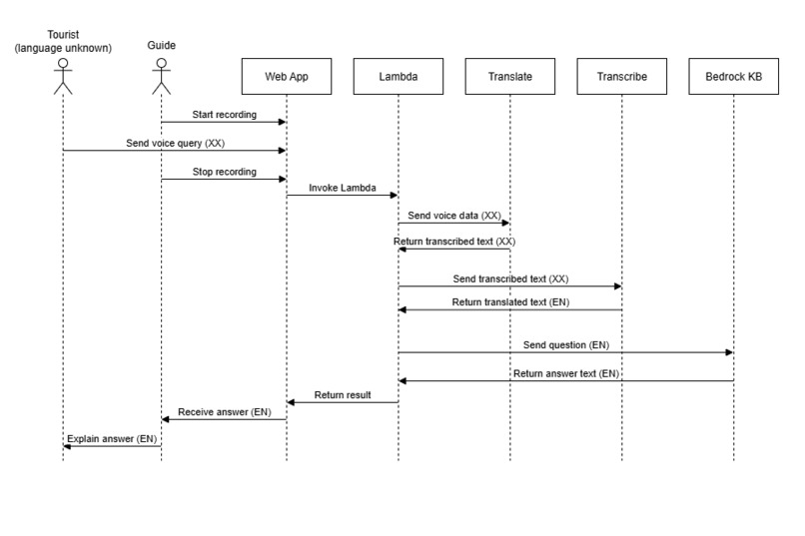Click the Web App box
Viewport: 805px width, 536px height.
pos(286,76)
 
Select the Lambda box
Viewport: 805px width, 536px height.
pos(398,76)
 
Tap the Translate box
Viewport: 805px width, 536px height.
pos(509,76)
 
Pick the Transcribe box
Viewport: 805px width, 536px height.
pos(621,76)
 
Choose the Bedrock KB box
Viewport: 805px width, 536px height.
pos(733,76)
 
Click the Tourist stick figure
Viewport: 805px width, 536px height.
pos(62,77)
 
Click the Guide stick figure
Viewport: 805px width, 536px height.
pos(161,77)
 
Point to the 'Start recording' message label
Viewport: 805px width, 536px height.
pos(224,115)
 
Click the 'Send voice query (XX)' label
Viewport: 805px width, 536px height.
pos(175,144)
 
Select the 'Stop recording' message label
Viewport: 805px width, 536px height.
pos(224,172)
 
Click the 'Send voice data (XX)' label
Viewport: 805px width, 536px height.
pos(454,216)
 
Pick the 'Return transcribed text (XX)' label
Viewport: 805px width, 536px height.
pos(454,242)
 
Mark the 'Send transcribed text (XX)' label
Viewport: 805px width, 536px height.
pos(510,279)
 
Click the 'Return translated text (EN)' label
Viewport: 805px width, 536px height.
pos(510,301)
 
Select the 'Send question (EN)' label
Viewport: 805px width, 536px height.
pos(565,344)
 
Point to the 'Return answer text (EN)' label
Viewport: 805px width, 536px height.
pos(565,373)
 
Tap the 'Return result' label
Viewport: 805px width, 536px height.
pos(343,395)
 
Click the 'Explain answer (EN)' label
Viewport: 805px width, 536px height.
pos(112,438)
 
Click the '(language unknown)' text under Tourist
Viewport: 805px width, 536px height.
pos(62,46)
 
